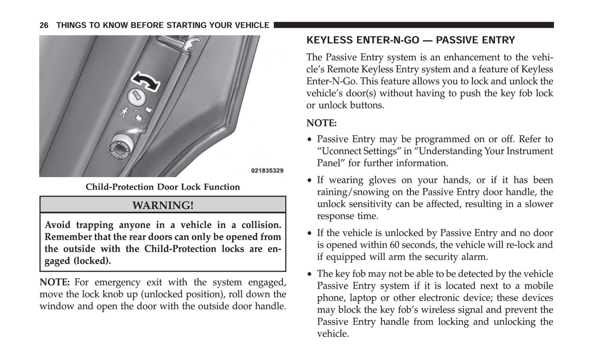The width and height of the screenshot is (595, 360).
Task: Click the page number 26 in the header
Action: (44, 26)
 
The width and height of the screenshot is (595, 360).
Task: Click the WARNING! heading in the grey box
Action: (163, 205)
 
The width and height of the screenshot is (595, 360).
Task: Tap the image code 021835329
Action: (267, 171)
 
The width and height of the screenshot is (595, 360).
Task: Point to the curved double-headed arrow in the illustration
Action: (145, 81)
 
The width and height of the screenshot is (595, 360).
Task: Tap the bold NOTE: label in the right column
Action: (321, 123)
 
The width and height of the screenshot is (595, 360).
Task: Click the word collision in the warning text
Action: (261, 225)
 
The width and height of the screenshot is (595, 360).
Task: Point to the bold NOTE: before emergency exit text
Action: (54, 282)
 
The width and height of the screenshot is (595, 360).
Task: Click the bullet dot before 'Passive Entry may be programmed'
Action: (310, 140)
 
